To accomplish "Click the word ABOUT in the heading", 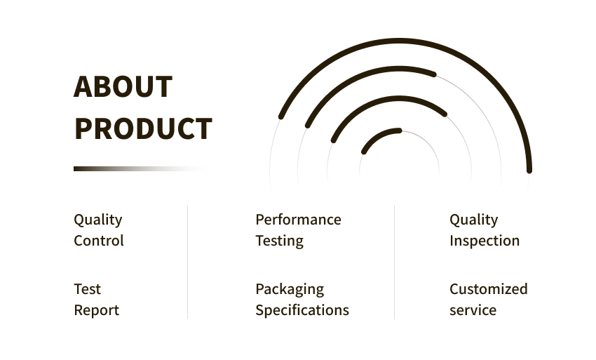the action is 123,87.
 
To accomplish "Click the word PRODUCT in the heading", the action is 143,128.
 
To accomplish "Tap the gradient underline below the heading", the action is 140,168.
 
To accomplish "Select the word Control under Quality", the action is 99,241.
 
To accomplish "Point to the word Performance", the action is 299,220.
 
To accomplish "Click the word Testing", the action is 279,241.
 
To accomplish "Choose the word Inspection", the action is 485,241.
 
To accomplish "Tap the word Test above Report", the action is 88,289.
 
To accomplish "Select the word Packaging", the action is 290,290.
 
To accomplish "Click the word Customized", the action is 489,289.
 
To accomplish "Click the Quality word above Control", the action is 98,220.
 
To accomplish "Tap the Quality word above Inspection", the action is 473,220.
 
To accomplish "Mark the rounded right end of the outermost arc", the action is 529,171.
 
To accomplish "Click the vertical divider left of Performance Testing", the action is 187,262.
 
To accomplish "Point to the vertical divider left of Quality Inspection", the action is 394,262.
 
